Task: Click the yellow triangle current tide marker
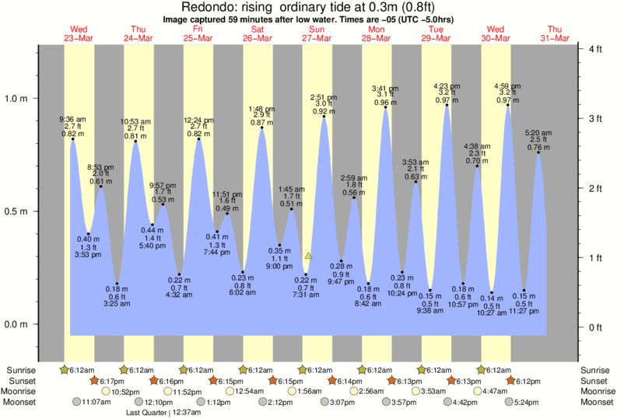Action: (309, 255)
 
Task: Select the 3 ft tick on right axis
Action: (593, 118)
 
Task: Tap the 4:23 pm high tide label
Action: (446, 86)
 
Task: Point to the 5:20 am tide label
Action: (538, 133)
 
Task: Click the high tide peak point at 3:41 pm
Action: (386, 108)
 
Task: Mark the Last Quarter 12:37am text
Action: (163, 413)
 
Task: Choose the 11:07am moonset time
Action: (93, 402)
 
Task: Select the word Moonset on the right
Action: (594, 402)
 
